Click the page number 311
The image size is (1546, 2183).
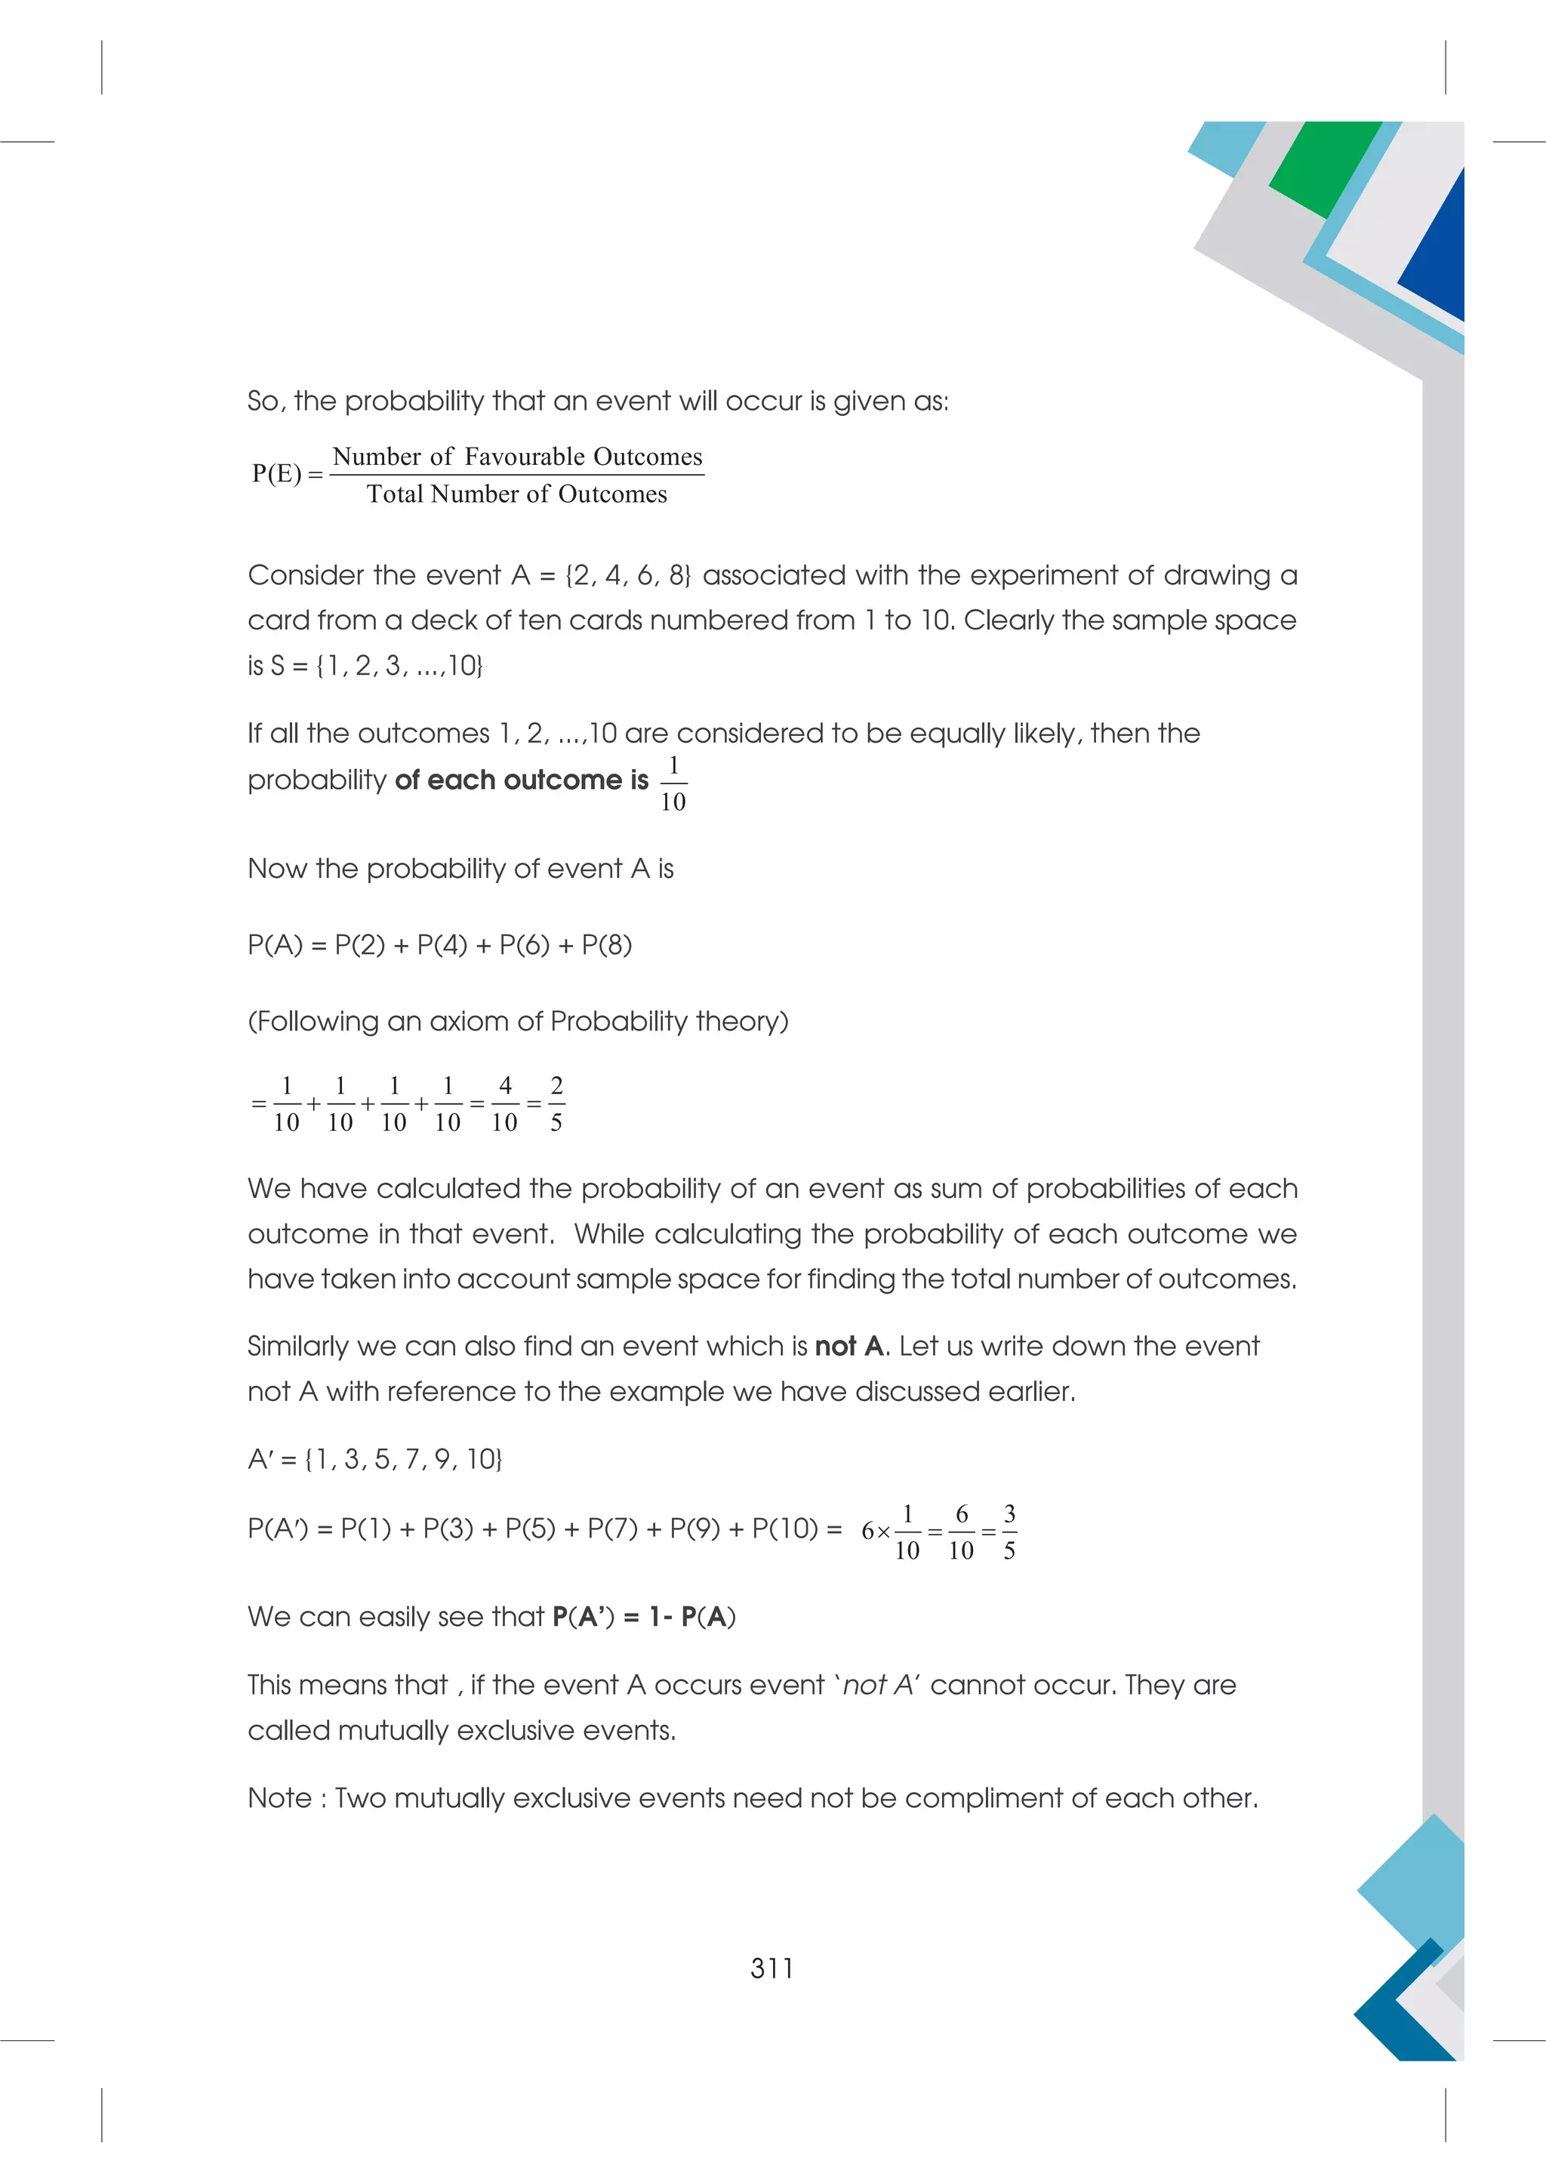coord(771,1968)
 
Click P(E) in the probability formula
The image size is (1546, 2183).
coord(277,473)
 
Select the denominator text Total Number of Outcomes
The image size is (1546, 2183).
coord(517,494)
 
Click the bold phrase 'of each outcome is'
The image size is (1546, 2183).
coord(521,781)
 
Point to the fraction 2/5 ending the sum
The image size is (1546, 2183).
coord(556,1104)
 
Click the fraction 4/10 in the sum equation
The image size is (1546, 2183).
coord(504,1104)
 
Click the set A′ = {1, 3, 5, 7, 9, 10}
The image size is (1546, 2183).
coord(375,1459)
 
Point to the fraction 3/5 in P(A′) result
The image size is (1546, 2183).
coord(1009,1532)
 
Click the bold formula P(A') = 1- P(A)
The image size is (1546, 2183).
coord(643,1618)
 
